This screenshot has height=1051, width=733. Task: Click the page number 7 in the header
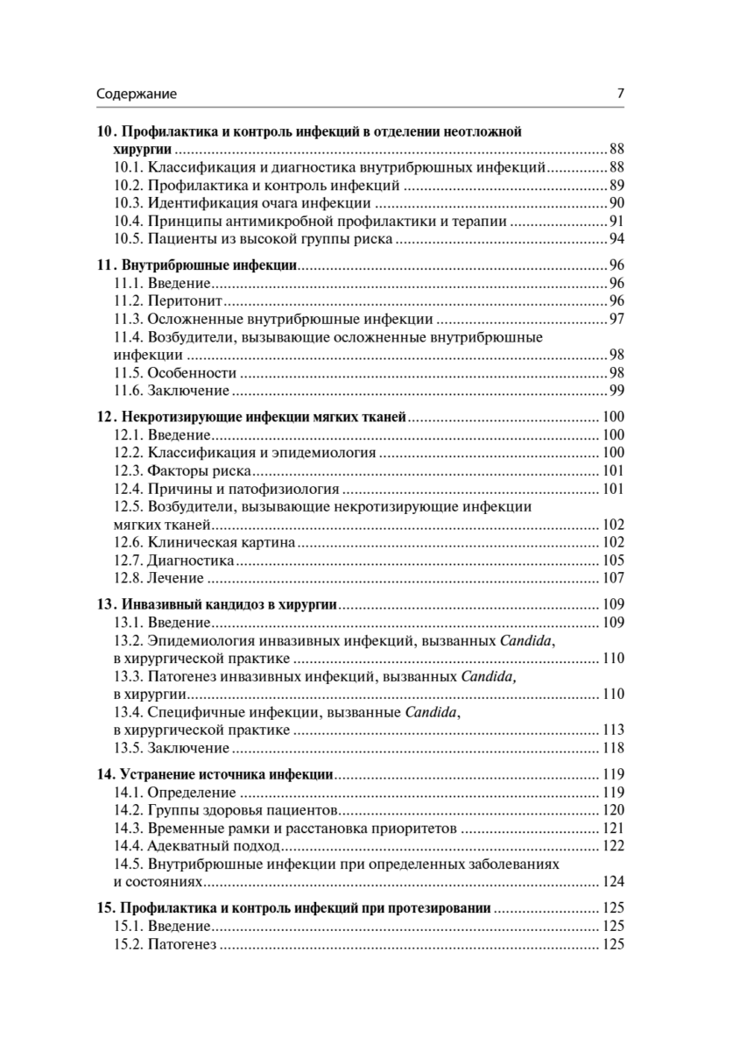tap(620, 94)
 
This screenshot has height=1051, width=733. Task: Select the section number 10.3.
tap(128, 203)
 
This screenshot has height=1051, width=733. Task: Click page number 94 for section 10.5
tap(616, 239)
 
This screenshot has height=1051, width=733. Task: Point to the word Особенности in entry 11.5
tap(186, 372)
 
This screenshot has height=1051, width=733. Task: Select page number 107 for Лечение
tap(612, 578)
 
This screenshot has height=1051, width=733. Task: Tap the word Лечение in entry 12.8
tap(175, 578)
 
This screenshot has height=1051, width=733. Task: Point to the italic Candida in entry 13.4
tap(432, 712)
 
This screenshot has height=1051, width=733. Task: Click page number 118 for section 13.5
tap(612, 748)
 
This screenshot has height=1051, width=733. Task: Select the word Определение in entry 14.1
tap(187, 793)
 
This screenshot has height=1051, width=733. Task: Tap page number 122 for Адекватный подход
tap(612, 846)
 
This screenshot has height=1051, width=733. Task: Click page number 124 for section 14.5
tap(612, 882)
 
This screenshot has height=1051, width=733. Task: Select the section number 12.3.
tap(128, 470)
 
